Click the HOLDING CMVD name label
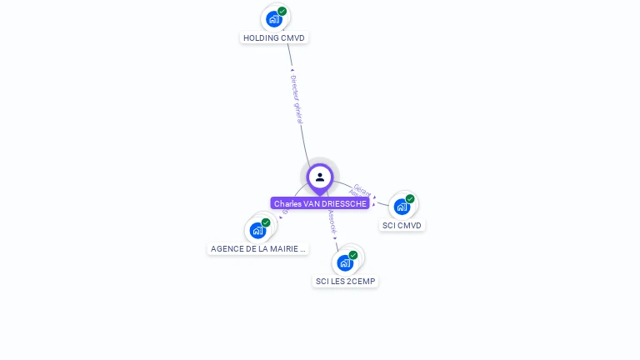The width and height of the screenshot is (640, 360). [x=274, y=37]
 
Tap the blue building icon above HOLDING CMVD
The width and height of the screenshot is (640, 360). [x=273, y=18]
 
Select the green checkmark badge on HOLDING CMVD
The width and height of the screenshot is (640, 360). [x=282, y=12]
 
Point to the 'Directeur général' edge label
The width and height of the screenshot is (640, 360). [x=297, y=99]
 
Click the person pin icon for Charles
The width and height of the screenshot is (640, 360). [x=320, y=177]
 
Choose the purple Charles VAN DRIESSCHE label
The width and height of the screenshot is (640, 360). [x=320, y=203]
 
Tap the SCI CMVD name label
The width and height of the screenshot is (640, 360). [x=402, y=225]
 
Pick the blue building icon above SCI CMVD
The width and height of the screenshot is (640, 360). [x=402, y=206]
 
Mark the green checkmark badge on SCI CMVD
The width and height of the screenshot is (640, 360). [x=410, y=199]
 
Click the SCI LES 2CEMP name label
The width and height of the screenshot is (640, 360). [x=346, y=281]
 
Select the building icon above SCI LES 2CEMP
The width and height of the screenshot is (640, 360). [x=345, y=262]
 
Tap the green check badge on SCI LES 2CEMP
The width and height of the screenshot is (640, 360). [x=353, y=255]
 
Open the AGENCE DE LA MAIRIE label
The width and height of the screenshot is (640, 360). [x=258, y=248]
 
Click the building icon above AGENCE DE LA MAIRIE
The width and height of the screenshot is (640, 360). [x=257, y=230]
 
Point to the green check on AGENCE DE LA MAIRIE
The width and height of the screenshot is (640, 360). [x=266, y=222]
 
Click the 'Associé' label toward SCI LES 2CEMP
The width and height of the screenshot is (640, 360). [x=332, y=221]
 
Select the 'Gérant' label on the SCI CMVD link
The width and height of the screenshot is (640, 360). [x=362, y=189]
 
